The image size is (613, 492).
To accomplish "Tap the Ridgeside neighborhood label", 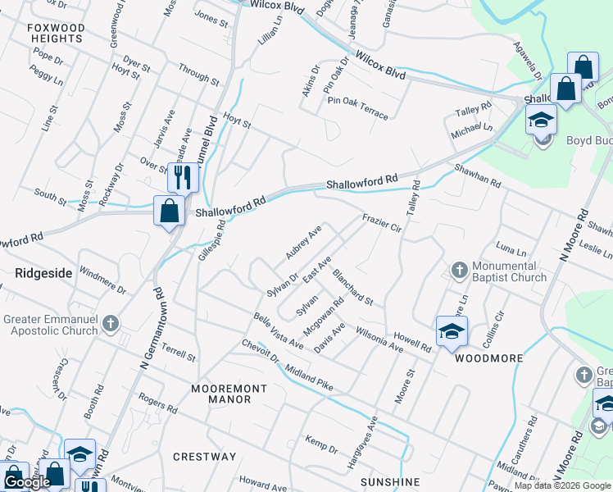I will click(43, 271).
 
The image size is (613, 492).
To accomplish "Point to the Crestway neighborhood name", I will click(205, 457).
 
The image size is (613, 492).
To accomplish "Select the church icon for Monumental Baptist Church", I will click(460, 270).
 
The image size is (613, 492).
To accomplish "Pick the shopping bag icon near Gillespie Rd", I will click(169, 211).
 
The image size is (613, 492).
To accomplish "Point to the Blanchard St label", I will click(352, 290).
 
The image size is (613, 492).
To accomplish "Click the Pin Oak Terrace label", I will click(357, 107).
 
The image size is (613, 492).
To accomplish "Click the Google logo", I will click(27, 482).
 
